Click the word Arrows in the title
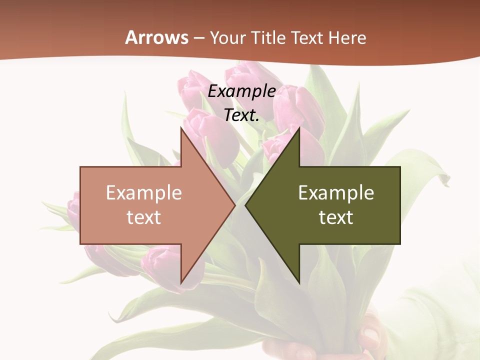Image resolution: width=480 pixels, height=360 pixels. (157, 37)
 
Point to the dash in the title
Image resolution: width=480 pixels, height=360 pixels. (199, 38)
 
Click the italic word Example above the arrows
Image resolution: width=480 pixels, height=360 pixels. (241, 91)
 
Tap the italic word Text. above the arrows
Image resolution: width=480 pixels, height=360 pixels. (241, 115)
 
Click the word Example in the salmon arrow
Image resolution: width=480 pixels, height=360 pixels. (144, 192)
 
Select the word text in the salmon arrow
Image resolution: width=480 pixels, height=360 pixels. (144, 217)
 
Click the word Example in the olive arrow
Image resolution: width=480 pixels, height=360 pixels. (336, 192)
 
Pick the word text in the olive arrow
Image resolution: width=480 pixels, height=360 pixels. (336, 217)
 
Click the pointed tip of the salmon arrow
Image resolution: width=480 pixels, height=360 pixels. (234, 205)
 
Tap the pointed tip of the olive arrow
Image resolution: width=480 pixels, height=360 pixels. (246, 205)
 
